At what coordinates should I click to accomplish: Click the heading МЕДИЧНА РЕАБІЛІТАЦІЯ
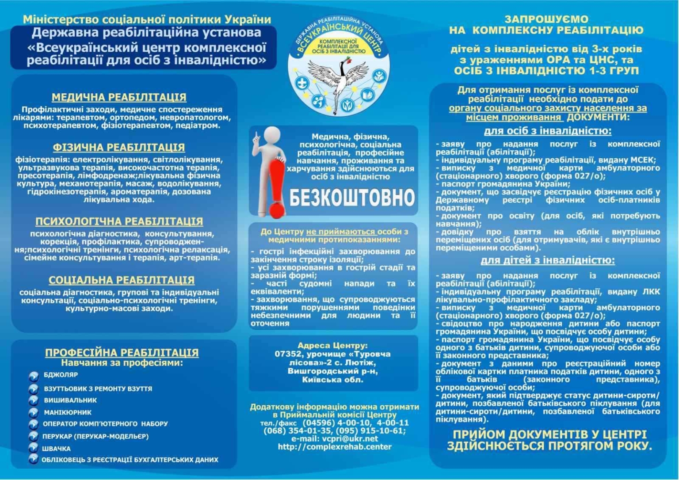coord(119,97)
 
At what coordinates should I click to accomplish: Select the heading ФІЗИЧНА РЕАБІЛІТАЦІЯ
coord(119,147)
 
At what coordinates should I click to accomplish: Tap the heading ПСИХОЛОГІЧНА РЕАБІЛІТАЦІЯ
coord(119,221)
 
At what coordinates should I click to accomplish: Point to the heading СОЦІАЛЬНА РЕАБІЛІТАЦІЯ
coord(122,280)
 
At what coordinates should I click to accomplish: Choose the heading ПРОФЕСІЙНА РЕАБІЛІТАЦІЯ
coord(122,353)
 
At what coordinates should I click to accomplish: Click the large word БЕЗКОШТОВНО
coord(352,198)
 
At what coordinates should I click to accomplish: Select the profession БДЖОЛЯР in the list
coord(61,375)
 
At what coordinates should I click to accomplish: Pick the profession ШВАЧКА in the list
coord(56,448)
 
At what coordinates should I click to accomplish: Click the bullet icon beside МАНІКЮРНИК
coord(34,413)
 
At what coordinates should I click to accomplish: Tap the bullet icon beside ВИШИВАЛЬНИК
coord(34,401)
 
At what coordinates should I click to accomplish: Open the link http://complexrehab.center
coord(335,447)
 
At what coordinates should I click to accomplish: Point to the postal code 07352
coord(287,354)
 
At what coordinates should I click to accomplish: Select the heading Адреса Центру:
coord(332,346)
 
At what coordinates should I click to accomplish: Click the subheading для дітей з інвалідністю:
coord(547,260)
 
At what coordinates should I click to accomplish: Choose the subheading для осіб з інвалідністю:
coord(548,131)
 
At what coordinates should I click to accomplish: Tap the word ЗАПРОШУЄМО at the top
coord(546,19)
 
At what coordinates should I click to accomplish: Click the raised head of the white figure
coord(270,135)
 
